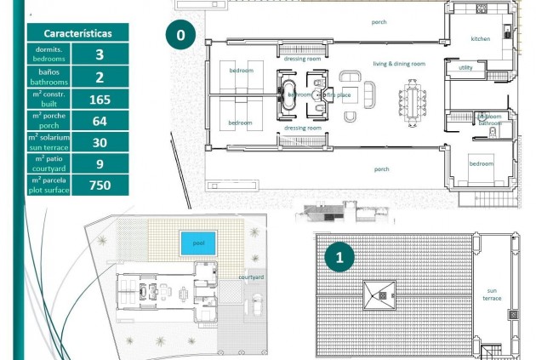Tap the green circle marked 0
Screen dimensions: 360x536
180,36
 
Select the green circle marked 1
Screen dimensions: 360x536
340,255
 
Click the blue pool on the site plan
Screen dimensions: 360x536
198,243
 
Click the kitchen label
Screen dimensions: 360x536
481,38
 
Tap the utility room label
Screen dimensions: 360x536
465,67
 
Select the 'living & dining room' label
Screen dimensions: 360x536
398,64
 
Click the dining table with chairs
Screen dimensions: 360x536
413,101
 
